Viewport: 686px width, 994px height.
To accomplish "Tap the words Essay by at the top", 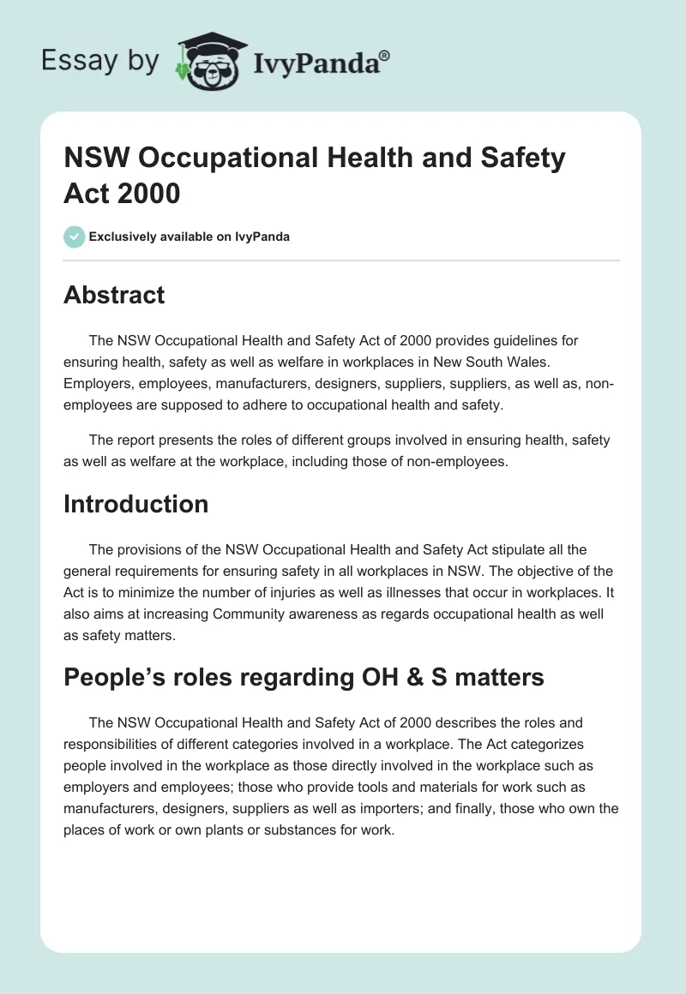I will tap(99, 61).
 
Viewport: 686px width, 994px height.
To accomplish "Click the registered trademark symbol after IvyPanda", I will tap(385, 56).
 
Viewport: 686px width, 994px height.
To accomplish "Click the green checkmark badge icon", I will tap(75, 237).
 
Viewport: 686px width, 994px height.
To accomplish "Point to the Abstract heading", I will tap(114, 295).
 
